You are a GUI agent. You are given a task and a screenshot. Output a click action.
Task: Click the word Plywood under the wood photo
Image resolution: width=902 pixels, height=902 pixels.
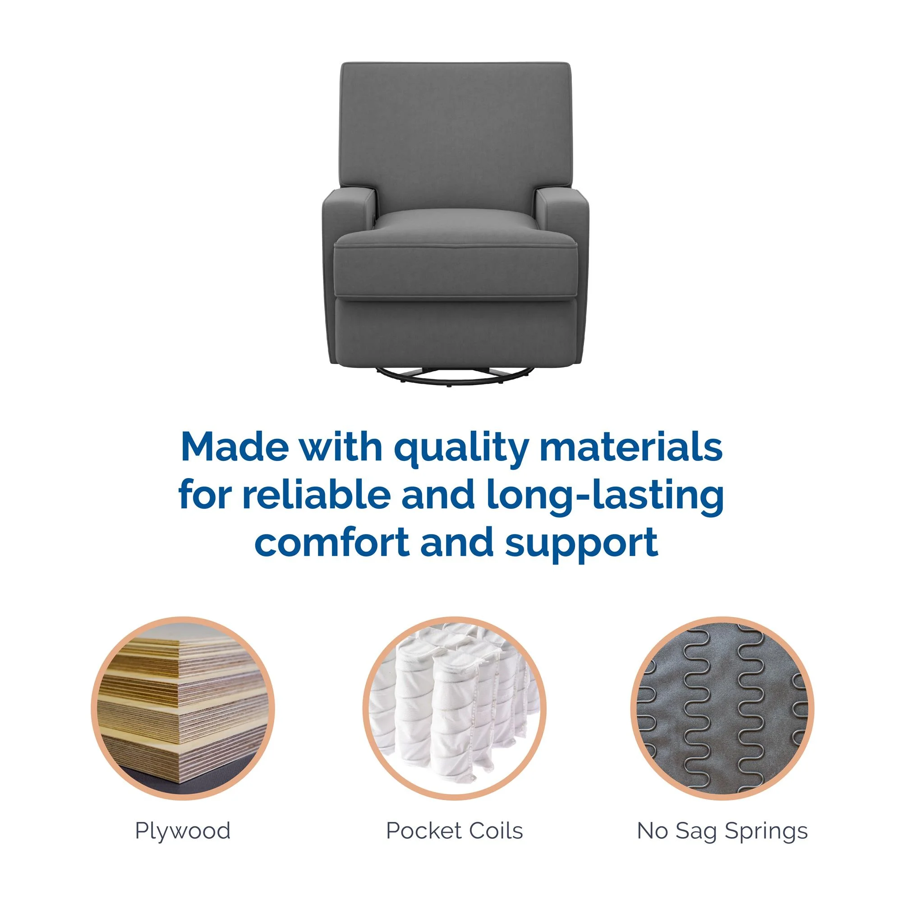click(x=183, y=831)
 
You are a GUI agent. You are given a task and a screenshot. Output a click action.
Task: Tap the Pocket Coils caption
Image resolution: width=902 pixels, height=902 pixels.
click(x=454, y=831)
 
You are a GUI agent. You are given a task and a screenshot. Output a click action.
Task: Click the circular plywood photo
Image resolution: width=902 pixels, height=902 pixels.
click(x=183, y=708)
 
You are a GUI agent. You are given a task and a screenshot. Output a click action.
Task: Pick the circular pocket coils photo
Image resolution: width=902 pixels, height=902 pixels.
click(x=454, y=708)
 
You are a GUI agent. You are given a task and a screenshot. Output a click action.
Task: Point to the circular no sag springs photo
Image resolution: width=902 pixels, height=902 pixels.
click(x=722, y=708)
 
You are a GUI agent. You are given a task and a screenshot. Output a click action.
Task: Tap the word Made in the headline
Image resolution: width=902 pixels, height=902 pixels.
click(x=235, y=447)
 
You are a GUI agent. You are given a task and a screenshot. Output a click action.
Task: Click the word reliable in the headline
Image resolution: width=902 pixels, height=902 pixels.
click(x=316, y=494)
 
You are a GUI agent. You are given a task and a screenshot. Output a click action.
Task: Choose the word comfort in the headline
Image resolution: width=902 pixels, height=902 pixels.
click(x=332, y=542)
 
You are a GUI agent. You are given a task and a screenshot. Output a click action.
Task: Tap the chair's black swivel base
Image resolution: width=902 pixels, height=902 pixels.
click(x=455, y=376)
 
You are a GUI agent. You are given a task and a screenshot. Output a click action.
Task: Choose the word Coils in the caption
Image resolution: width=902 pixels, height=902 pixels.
click(x=496, y=831)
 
